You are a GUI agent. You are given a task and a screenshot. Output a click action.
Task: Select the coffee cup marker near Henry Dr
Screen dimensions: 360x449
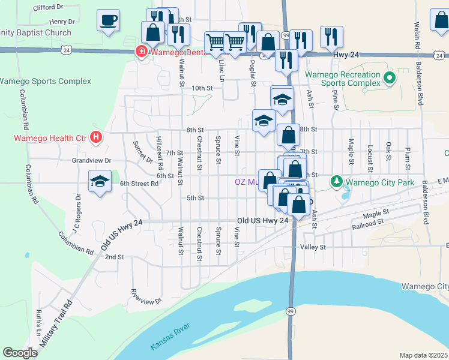tap(108, 21)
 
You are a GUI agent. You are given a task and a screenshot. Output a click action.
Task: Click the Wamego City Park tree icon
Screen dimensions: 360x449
tap(337, 181)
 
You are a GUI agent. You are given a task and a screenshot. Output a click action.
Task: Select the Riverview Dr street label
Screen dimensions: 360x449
tap(146, 297)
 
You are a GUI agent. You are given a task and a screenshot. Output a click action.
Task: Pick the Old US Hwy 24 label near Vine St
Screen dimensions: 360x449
tap(264, 221)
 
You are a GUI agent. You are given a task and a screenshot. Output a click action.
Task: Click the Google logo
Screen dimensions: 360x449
tap(20, 353)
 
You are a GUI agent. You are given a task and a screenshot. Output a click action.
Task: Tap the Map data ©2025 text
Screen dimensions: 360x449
tap(423, 355)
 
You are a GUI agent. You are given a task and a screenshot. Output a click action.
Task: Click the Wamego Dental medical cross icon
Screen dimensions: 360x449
tap(142, 52)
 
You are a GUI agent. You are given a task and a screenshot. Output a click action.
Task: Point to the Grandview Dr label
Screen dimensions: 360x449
tap(92, 161)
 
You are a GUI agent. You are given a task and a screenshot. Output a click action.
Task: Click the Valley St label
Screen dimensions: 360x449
tap(313, 247)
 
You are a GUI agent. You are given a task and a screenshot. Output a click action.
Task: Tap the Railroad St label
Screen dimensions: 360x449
tap(368, 223)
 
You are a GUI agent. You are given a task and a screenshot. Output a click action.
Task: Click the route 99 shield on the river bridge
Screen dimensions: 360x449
tap(290, 310)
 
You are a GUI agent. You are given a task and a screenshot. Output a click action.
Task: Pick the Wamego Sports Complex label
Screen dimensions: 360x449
tap(46, 81)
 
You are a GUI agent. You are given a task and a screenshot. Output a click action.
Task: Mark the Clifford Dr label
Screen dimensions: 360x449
tap(49, 8)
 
